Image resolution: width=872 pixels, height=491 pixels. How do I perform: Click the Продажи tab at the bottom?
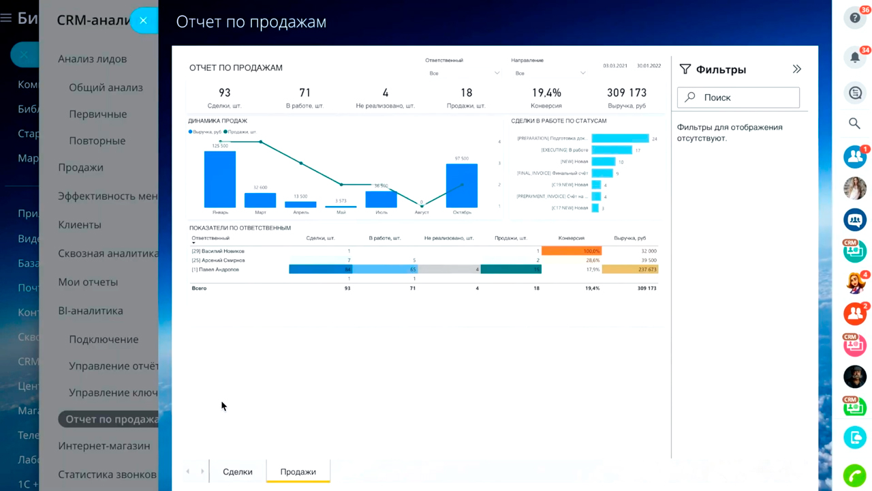(298, 472)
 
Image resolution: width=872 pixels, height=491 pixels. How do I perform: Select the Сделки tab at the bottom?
(237, 472)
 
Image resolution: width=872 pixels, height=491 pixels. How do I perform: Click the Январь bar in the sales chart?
(220, 179)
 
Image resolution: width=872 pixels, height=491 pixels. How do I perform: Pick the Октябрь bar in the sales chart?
(461, 185)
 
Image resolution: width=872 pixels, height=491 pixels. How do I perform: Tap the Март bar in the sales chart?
(260, 200)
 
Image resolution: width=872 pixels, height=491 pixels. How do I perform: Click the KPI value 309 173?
(627, 93)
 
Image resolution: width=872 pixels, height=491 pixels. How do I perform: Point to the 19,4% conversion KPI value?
(546, 93)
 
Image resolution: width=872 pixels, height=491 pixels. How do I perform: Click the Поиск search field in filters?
(738, 98)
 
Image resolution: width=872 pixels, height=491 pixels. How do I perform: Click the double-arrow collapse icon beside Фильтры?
(796, 69)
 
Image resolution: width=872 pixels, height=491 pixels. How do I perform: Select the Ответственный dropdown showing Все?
(463, 73)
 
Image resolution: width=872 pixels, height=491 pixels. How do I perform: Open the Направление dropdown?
(549, 73)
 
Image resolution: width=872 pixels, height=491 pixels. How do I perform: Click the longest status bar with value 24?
(620, 138)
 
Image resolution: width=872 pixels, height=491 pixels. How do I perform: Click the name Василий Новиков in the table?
(218, 251)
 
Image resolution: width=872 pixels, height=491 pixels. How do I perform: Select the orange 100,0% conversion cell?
(572, 251)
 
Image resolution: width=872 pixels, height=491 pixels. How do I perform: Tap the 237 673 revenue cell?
(630, 269)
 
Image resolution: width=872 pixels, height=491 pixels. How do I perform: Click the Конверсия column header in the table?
(571, 238)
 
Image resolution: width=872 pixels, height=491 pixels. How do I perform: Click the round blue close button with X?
(143, 20)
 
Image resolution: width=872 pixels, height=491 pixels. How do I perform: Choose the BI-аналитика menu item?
(91, 311)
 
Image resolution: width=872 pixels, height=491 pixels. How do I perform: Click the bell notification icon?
(855, 57)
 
